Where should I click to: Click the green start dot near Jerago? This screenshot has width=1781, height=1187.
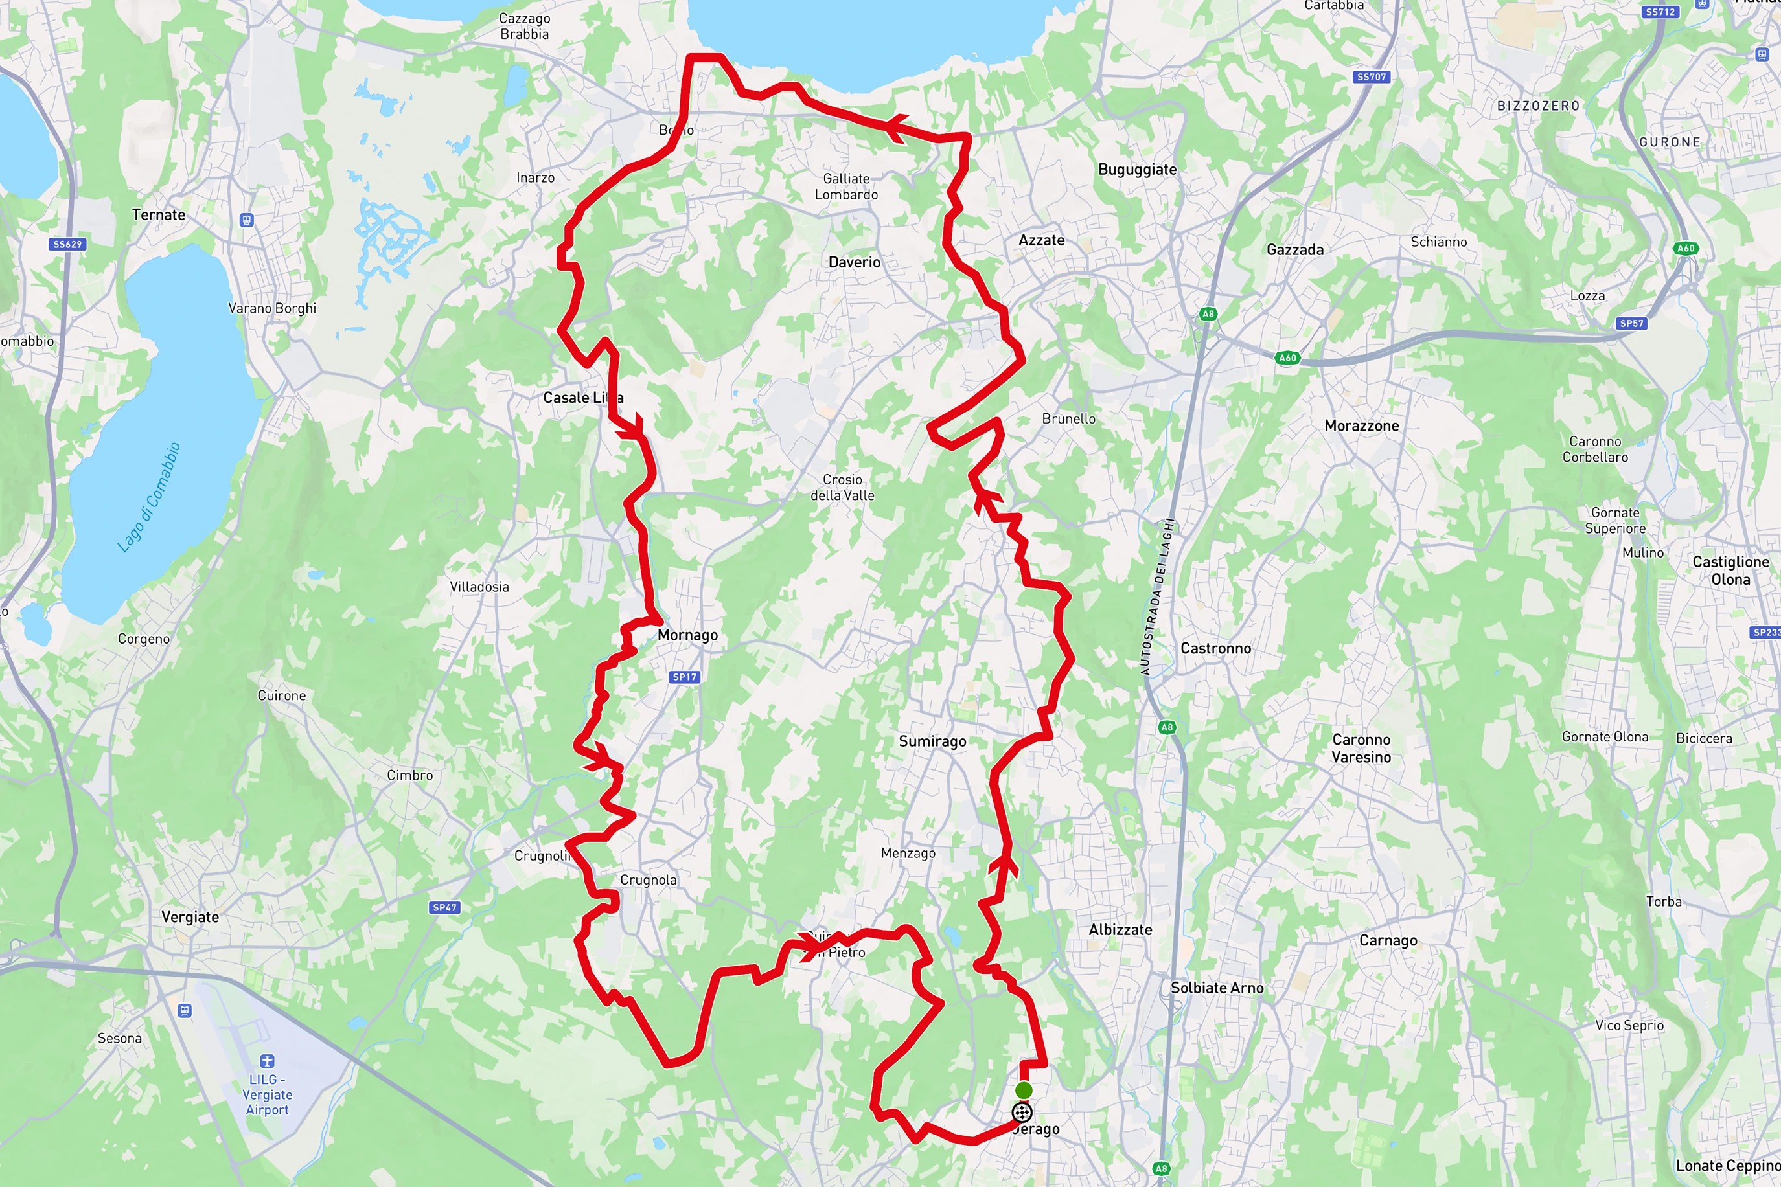click(1023, 1090)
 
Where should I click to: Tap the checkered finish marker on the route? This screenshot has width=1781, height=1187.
click(1022, 1112)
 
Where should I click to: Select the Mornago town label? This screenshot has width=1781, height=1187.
click(687, 635)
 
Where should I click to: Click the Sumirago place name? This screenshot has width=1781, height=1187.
click(932, 741)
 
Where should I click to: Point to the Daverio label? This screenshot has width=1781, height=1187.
click(854, 262)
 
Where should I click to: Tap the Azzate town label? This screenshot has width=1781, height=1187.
click(1041, 240)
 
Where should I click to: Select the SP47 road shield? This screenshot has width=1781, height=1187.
click(444, 907)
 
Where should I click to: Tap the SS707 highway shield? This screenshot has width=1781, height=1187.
click(1372, 76)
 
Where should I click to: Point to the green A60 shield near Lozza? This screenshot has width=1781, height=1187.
click(1686, 248)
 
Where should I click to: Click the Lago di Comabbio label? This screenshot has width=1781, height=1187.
click(149, 497)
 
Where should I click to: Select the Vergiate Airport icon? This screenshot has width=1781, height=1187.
click(266, 1061)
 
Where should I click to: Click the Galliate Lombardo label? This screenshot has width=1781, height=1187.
click(846, 187)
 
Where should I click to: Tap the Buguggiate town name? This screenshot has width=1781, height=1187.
click(1138, 170)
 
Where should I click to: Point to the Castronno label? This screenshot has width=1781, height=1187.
click(1215, 648)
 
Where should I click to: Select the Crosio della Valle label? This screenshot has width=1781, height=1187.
click(842, 488)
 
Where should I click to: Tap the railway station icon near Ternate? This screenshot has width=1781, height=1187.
click(246, 220)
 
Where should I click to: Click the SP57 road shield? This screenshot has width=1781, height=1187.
click(1631, 323)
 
